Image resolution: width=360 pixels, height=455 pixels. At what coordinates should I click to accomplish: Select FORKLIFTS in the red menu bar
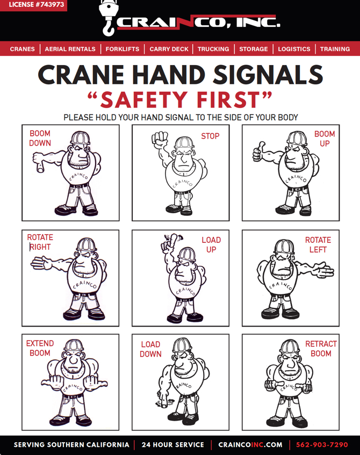pyautogui.click(x=123, y=49)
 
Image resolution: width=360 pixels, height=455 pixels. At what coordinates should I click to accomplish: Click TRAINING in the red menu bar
pyautogui.click(x=335, y=49)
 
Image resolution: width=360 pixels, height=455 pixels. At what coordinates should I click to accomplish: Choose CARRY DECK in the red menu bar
pyautogui.click(x=169, y=49)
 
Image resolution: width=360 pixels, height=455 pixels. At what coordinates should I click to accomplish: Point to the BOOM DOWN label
pyautogui.click(x=40, y=138)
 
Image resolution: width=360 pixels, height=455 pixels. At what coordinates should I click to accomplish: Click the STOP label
pyautogui.click(x=210, y=136)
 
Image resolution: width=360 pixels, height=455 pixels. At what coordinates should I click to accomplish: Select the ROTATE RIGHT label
pyautogui.click(x=40, y=242)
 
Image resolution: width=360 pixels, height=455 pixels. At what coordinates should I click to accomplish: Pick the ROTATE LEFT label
pyautogui.click(x=318, y=245)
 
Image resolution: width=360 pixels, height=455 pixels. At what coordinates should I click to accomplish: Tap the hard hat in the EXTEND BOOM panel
pyautogui.click(x=74, y=345)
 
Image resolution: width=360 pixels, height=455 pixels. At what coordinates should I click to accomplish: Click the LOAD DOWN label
pyautogui.click(x=150, y=349)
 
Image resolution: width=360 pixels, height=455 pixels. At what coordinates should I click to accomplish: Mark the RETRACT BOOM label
pyautogui.click(x=321, y=349)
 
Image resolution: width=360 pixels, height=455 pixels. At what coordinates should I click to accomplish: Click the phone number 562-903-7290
pyautogui.click(x=322, y=445)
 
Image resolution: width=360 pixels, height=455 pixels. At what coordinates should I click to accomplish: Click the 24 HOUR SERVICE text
pyautogui.click(x=173, y=445)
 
